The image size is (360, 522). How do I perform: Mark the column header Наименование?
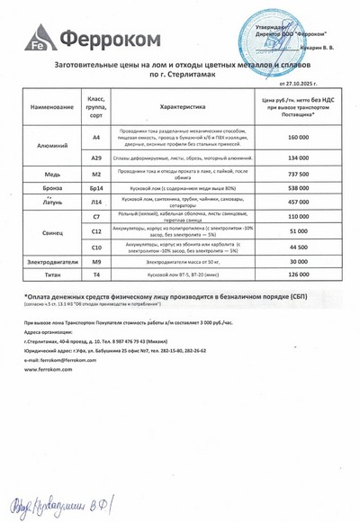coord(49,106)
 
